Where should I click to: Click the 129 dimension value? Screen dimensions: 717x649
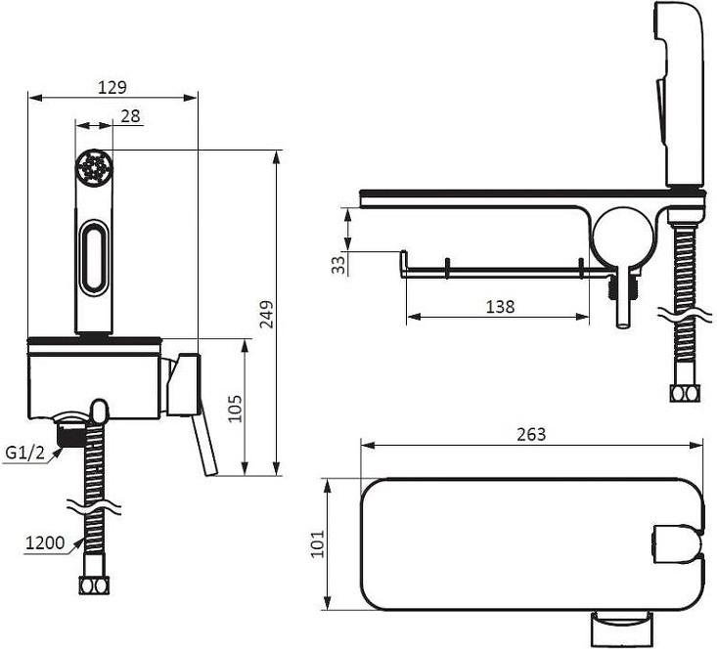tap(112, 87)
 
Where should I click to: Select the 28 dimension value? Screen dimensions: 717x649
tap(130, 116)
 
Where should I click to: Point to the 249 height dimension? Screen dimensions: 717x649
tap(266, 314)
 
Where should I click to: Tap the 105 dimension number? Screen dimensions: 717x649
tap(234, 409)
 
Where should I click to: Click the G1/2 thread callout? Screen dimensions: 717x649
tap(25, 453)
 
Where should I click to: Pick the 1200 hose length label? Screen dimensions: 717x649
tap(45, 543)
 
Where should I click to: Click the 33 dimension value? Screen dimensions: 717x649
tap(338, 265)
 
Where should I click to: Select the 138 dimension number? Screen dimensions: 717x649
tap(500, 306)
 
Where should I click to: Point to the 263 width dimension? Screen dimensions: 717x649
tap(531, 434)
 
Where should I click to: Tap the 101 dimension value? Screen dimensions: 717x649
tap(317, 543)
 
